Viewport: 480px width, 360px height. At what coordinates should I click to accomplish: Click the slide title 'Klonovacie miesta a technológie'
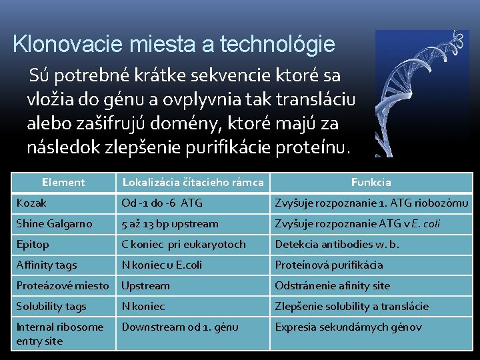click(173, 45)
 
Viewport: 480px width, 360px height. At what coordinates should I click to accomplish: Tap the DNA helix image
click(421, 93)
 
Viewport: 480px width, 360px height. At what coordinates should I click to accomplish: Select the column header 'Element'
click(63, 182)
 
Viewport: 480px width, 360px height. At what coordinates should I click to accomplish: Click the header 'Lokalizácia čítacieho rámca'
click(193, 182)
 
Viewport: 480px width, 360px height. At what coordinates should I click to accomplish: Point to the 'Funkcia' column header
click(371, 182)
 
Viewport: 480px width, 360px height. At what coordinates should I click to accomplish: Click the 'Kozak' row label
click(31, 203)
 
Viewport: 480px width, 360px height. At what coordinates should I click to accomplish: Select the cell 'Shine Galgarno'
click(54, 223)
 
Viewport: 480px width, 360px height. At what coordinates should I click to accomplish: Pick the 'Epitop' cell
click(33, 244)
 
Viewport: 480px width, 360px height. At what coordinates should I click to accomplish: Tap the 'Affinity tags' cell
click(47, 265)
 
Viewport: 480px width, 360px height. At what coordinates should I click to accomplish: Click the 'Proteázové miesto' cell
click(62, 285)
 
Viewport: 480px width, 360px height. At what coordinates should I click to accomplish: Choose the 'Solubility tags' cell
click(51, 306)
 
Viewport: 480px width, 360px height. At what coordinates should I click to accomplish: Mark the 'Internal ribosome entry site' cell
click(59, 333)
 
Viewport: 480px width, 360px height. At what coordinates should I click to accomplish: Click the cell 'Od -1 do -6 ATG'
click(162, 203)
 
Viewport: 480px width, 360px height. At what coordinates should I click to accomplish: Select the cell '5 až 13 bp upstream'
click(170, 223)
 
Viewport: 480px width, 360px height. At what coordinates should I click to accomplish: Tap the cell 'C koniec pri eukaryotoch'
click(183, 244)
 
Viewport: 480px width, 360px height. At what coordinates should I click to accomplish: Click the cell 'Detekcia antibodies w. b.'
click(337, 244)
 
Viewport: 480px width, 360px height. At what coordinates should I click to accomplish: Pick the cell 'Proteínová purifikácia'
click(329, 265)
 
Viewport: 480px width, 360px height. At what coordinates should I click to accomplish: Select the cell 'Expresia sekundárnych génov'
click(349, 327)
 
